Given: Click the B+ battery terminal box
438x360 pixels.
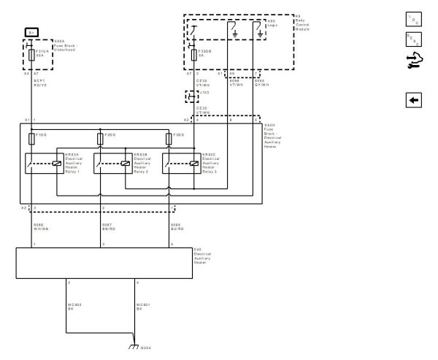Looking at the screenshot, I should click(x=31, y=32).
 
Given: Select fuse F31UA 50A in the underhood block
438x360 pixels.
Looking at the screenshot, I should click(x=30, y=55).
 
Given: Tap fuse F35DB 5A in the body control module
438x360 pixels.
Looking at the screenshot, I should click(x=193, y=55).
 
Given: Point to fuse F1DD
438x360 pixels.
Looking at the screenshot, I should click(x=30, y=137).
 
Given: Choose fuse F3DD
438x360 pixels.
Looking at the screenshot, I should click(x=169, y=137).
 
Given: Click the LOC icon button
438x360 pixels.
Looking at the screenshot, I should click(x=412, y=18).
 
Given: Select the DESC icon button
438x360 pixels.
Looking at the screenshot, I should click(x=412, y=39).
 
